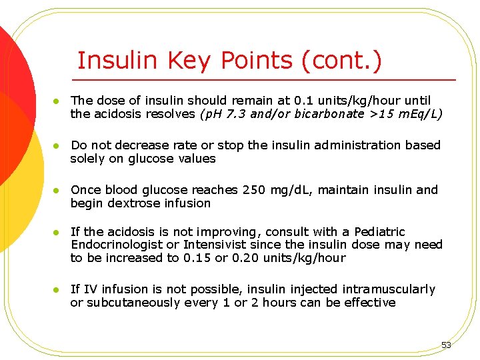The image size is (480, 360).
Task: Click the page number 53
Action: click(446, 345)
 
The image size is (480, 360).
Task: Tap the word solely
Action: click(87, 159)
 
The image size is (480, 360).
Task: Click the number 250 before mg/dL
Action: click(254, 190)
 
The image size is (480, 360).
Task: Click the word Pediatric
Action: click(379, 232)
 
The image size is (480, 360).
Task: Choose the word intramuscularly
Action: click(389, 289)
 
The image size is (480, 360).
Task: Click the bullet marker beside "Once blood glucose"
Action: click(57, 191)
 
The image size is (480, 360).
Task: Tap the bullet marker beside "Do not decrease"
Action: click(57, 146)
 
